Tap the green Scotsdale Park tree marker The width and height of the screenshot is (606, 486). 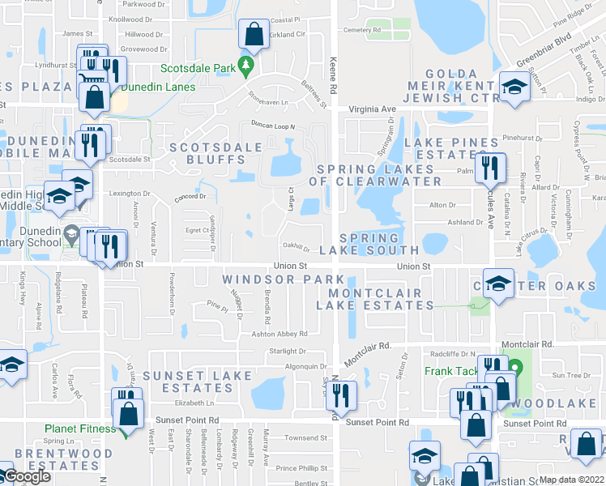pos(249,68)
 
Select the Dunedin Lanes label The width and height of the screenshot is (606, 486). pos(151,87)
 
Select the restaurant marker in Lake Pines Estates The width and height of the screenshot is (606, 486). pos(491,168)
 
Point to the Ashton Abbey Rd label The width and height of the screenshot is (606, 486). pos(280,334)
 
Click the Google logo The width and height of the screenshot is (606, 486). pos(26,476)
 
